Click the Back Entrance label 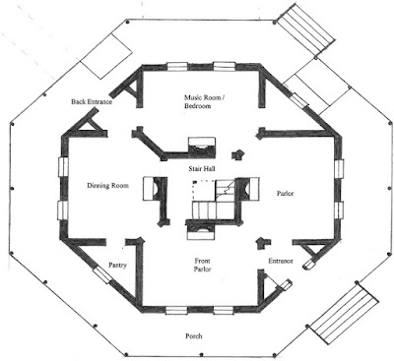[92, 101]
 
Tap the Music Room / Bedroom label [204, 101]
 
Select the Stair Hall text [202, 169]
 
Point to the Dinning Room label [107, 186]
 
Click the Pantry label [117, 265]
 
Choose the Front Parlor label [202, 265]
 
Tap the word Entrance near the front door [281, 261]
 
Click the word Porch [194, 336]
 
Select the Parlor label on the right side [285, 194]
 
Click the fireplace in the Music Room [202, 145]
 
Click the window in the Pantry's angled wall [102, 274]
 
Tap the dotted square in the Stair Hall [204, 190]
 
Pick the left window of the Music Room [177, 67]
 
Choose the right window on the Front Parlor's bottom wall [224, 310]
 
